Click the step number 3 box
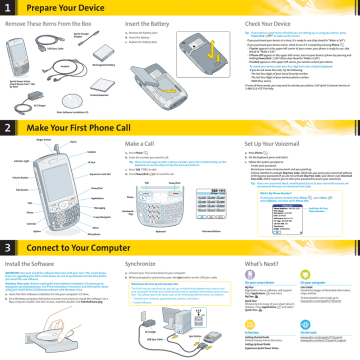[x=9, y=247]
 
